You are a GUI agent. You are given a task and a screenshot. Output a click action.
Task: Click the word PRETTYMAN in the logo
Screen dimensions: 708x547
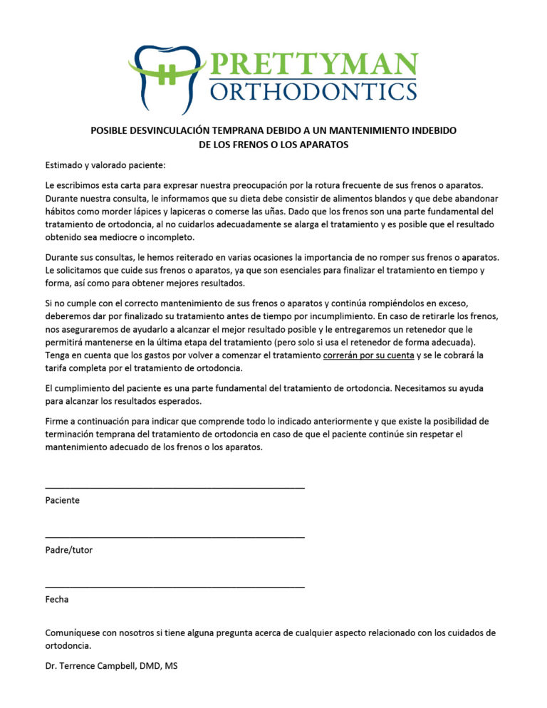313,65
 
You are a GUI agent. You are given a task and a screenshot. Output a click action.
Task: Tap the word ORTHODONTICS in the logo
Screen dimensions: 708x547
313,91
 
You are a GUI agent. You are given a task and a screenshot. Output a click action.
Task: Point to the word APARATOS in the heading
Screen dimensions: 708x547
318,145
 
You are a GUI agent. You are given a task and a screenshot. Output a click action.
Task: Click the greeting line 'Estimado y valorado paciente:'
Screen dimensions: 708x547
105,165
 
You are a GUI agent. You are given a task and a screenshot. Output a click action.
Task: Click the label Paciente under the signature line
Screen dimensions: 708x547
62,501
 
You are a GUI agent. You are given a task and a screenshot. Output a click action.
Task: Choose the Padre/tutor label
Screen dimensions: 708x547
68,550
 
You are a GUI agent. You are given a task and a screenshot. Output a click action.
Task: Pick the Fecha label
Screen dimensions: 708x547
57,600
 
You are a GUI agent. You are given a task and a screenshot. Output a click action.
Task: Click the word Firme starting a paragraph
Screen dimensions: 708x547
58,421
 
